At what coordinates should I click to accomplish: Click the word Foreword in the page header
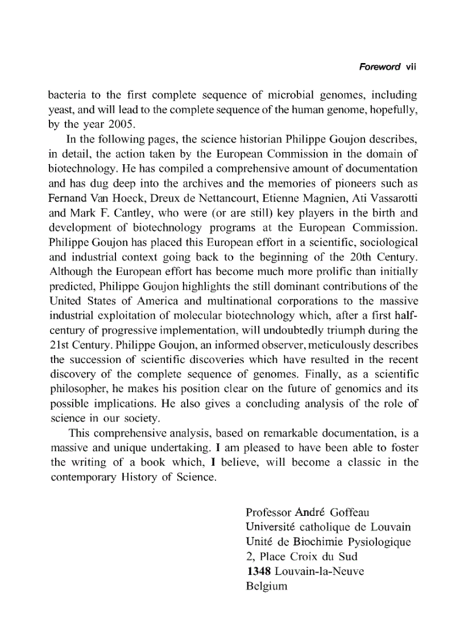tap(380, 67)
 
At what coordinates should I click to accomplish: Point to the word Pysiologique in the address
tap(380, 541)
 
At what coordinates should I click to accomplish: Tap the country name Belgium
tap(266, 586)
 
